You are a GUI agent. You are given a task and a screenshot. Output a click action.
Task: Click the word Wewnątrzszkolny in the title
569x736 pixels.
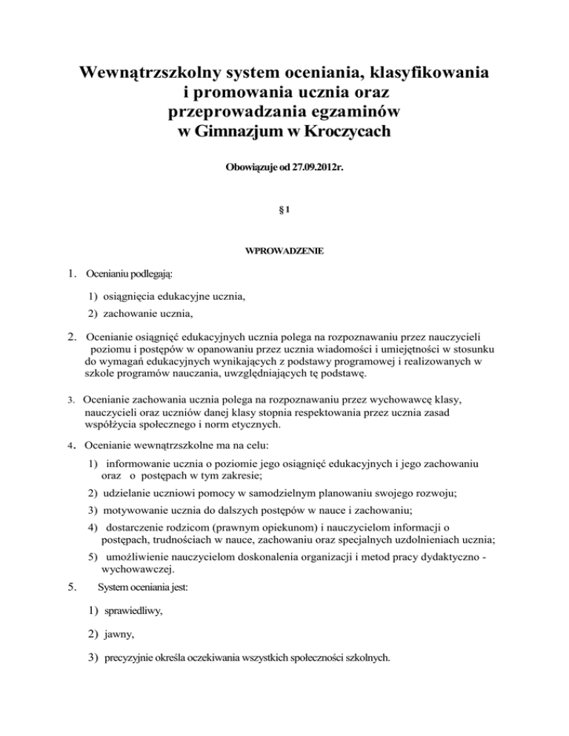tap(153, 75)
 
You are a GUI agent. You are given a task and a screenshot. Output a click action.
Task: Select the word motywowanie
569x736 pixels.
tap(138, 509)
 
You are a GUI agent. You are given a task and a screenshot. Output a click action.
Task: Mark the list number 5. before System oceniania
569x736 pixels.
tap(70, 589)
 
